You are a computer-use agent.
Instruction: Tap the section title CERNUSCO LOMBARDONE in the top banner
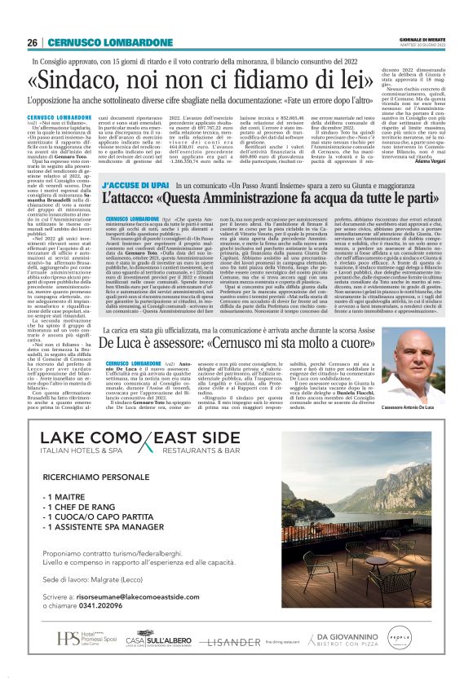point(99,42)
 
